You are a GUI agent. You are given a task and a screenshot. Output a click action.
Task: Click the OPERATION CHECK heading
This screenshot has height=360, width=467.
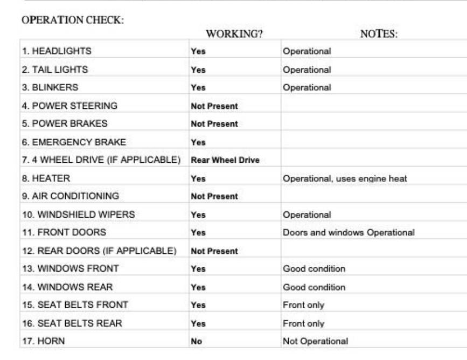[x=73, y=20]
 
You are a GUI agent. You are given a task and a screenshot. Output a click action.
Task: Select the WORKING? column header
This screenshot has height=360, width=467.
[x=234, y=34]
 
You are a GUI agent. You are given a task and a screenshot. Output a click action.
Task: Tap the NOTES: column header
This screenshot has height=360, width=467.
[x=379, y=34]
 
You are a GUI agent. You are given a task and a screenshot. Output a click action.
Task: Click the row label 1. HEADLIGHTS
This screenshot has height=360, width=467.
[x=57, y=51]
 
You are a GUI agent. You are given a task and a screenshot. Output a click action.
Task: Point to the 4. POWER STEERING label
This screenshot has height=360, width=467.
[x=69, y=106]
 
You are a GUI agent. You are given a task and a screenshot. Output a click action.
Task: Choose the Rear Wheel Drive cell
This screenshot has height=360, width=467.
[x=225, y=160]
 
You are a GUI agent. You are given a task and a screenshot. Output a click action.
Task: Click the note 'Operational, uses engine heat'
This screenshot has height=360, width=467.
[x=345, y=178]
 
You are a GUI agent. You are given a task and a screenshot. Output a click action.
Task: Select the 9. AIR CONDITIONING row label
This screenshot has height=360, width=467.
[x=71, y=196]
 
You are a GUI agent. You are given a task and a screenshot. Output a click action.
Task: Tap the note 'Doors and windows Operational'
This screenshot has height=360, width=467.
[x=348, y=233]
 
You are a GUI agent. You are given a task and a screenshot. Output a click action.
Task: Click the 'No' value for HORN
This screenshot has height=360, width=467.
[x=196, y=341]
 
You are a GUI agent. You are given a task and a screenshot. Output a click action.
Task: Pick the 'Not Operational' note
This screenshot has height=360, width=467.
[x=315, y=341]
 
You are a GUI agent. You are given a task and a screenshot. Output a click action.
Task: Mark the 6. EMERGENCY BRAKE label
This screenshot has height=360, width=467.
[x=74, y=142]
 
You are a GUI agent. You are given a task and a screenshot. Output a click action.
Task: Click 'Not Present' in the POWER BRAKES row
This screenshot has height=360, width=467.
[x=214, y=124]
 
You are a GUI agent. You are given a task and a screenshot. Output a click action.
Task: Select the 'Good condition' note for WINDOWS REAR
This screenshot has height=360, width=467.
[x=314, y=287]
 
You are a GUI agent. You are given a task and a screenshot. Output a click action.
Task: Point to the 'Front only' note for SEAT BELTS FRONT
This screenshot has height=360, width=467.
[x=303, y=305]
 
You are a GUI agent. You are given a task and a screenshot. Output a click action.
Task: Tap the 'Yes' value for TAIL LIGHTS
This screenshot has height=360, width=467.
[x=198, y=70]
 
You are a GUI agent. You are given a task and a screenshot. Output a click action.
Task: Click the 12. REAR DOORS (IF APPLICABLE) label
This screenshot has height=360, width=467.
[x=99, y=251]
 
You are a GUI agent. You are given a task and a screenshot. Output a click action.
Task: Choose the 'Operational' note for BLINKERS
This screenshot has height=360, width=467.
[x=306, y=87]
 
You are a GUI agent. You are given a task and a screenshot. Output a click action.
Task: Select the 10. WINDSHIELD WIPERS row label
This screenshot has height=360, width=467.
[x=78, y=214]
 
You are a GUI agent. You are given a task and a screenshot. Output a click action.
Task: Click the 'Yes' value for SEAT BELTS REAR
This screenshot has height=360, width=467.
[x=198, y=323]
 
